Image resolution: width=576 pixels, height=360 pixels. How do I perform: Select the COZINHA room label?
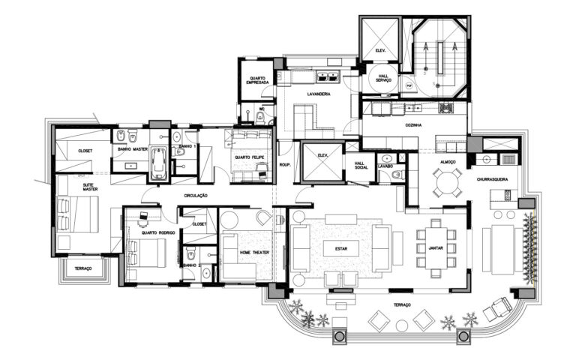click(412, 125)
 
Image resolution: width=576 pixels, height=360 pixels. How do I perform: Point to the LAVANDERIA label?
click(319, 94)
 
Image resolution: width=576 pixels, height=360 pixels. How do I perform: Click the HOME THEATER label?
click(253, 253)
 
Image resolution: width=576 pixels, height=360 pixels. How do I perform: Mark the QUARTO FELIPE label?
click(248, 157)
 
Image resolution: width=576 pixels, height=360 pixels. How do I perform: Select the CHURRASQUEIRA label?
click(493, 180)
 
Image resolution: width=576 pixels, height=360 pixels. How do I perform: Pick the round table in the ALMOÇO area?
click(446, 181)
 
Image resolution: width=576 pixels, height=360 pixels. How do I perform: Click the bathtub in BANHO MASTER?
click(159, 163)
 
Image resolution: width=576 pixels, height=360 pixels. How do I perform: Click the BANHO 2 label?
click(190, 265)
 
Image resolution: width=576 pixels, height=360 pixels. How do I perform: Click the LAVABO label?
click(385, 167)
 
